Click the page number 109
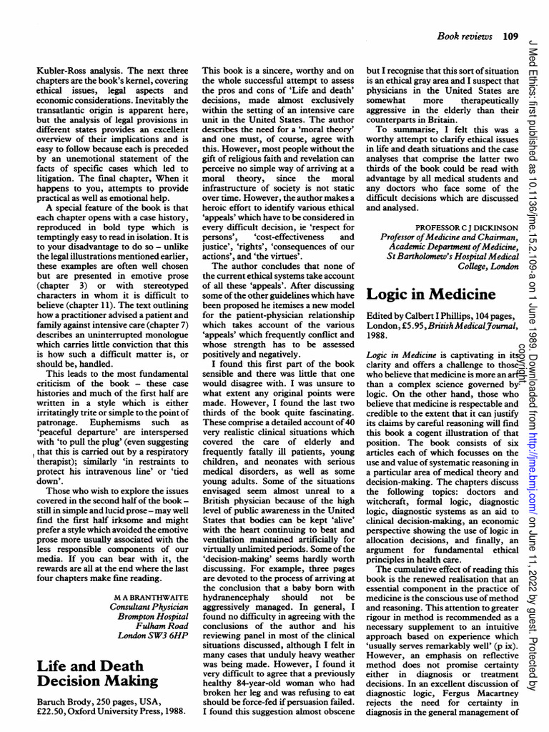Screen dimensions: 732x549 coord(510,35)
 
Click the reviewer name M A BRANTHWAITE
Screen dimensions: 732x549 coord(150,595)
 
